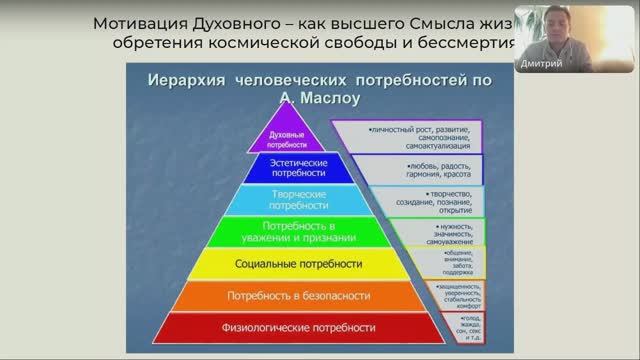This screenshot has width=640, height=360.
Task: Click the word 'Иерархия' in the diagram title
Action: coord(186,80)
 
